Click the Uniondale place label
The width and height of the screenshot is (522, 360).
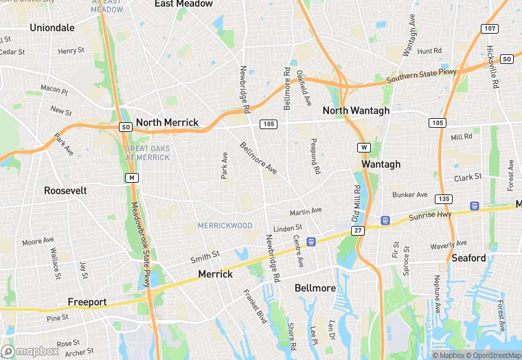[x=52, y=27]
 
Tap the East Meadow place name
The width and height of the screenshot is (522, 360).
[x=183, y=4]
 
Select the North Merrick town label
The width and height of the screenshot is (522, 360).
[x=167, y=122]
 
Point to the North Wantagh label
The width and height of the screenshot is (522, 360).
[x=356, y=111]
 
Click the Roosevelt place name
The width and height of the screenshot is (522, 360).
[x=65, y=190]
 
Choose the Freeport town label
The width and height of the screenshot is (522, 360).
[x=87, y=302]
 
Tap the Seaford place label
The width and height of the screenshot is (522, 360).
[x=468, y=258]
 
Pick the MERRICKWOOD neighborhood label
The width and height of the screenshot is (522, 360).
[x=225, y=225]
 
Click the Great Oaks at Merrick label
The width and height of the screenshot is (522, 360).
[x=147, y=153]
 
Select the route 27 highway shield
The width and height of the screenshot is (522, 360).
[x=358, y=231]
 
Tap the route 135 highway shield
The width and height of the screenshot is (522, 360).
[x=444, y=199]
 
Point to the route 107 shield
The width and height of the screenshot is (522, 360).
[x=490, y=29]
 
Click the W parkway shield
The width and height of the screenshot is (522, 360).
[x=363, y=147]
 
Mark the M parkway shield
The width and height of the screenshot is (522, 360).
[x=130, y=178]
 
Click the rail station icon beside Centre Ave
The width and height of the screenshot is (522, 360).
[x=311, y=241]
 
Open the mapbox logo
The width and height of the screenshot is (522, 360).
[x=31, y=350]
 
